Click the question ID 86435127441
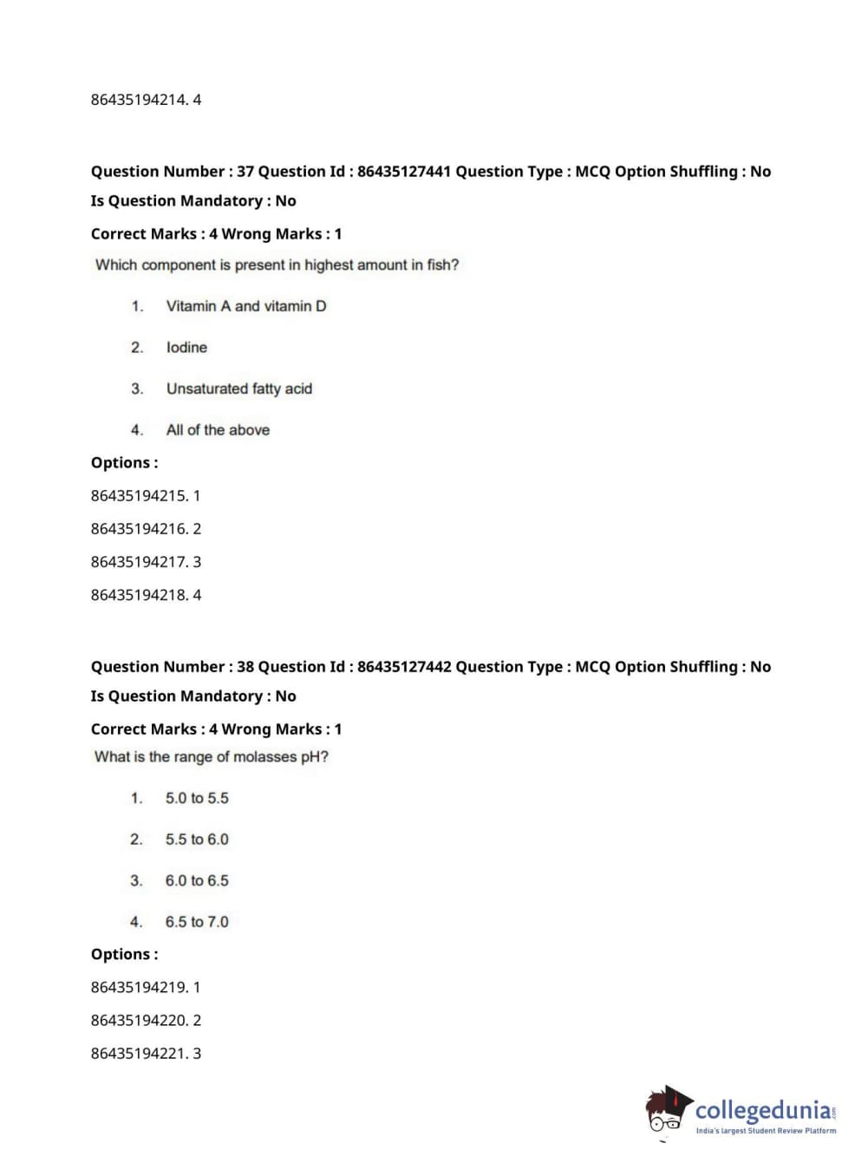click(404, 172)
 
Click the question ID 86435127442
click(404, 667)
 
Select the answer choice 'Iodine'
click(186, 348)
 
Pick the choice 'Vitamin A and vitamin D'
click(246, 306)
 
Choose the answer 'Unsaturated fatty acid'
click(239, 389)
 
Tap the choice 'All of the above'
click(218, 430)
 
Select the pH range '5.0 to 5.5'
click(197, 799)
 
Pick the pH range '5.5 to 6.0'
click(197, 840)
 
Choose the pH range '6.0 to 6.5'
click(197, 881)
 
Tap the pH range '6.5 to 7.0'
click(197, 922)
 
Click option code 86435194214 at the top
click(139, 100)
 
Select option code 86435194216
click(139, 529)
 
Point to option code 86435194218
click(139, 595)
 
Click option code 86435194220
click(139, 1021)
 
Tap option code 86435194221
click(139, 1054)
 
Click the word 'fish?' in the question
click(442, 265)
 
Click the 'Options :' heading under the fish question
click(125, 463)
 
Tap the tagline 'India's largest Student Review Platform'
click(766, 1131)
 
